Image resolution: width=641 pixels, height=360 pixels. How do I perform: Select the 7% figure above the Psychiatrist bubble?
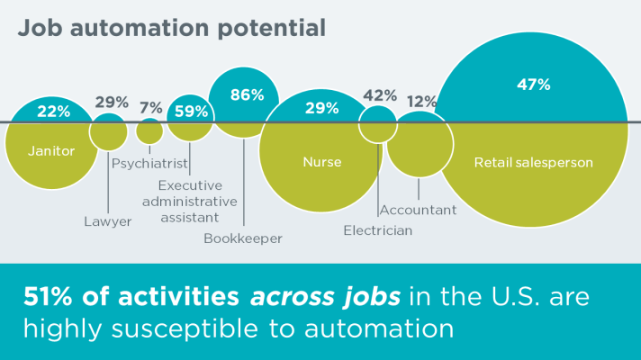151,108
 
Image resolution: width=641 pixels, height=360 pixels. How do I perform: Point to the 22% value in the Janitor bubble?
53,112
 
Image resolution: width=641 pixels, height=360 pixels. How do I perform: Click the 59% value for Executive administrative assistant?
191,112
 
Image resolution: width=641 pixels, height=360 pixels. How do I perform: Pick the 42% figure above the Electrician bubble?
380,95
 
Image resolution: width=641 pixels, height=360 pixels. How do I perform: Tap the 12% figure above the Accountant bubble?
421,102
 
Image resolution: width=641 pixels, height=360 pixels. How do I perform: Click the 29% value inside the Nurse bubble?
321,108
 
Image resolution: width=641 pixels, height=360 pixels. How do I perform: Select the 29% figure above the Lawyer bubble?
111,102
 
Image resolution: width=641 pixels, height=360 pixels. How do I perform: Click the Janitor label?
51,151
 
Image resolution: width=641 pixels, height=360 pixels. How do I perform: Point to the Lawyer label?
108,221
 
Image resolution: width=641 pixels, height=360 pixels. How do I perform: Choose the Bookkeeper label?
243,238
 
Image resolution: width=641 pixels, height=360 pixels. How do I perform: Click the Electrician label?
378,230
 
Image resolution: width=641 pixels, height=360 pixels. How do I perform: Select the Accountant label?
418,210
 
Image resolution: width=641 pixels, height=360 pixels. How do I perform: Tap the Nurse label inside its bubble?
321,163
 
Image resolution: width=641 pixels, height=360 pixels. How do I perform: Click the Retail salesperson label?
533,163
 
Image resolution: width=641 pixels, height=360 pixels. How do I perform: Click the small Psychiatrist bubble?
149,132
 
